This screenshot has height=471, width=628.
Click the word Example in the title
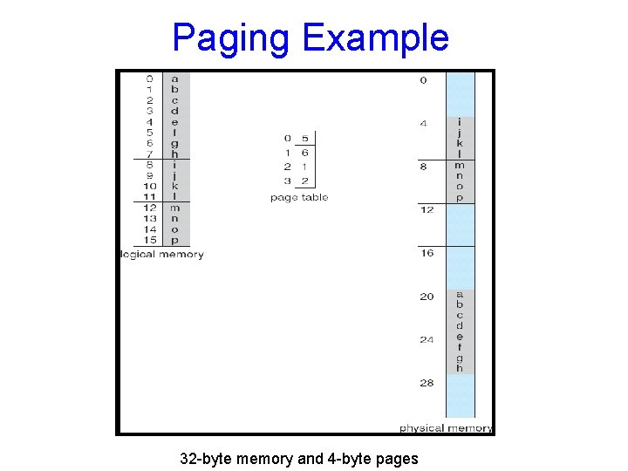tap(376, 38)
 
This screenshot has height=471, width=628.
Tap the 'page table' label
tap(299, 198)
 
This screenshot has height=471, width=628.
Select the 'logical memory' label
tap(162, 255)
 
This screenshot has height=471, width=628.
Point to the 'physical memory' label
tap(446, 428)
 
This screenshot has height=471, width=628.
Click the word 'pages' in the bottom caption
tap(398, 459)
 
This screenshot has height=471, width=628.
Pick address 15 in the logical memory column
tap(150, 240)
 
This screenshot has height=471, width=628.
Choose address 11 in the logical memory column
tap(150, 197)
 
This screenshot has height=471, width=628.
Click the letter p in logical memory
tap(174, 241)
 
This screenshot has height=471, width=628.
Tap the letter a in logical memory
tap(174, 79)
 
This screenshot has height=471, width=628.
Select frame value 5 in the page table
tap(305, 138)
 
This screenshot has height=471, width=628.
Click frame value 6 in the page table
tap(305, 153)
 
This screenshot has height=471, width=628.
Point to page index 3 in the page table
tap(287, 181)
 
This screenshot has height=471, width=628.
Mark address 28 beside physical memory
tap(426, 383)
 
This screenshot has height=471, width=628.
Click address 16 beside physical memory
tap(426, 253)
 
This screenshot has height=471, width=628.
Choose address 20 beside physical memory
tap(426, 297)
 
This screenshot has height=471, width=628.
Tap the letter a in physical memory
tap(460, 295)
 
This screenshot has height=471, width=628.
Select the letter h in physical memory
tap(460, 368)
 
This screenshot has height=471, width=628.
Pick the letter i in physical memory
tap(460, 122)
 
